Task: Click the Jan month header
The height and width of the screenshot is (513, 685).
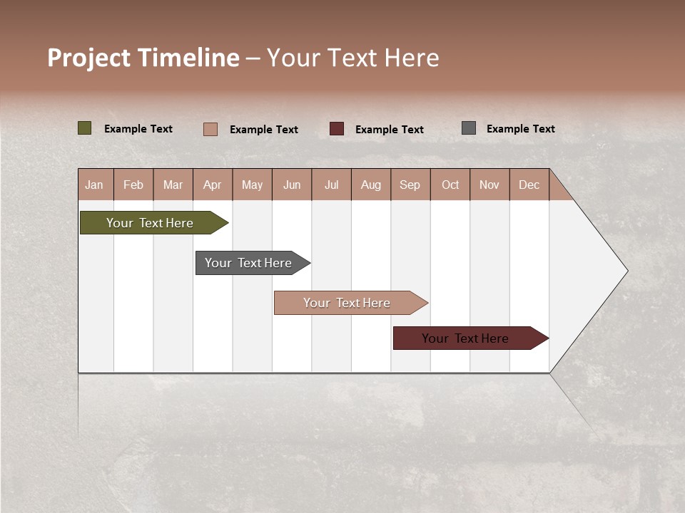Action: pyautogui.click(x=95, y=185)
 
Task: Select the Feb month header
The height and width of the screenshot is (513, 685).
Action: pyautogui.click(x=133, y=185)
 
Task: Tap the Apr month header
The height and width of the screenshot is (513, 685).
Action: pyautogui.click(x=213, y=185)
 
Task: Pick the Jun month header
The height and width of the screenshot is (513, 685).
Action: pyautogui.click(x=292, y=185)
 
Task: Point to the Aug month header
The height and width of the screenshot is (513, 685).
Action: pyautogui.click(x=371, y=185)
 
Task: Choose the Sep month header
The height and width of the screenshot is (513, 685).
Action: pyautogui.click(x=410, y=185)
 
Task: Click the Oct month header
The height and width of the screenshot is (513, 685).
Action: pyautogui.click(x=450, y=185)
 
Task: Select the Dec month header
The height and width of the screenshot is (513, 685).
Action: pyautogui.click(x=529, y=185)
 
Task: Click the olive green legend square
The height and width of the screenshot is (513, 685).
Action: pyautogui.click(x=85, y=128)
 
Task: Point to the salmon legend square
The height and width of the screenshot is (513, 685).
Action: pyautogui.click(x=210, y=129)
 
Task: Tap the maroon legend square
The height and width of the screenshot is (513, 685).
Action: pyautogui.click(x=337, y=129)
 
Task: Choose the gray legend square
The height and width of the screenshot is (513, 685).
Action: pyautogui.click(x=469, y=128)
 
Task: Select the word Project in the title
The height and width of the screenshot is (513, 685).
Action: pyautogui.click(x=88, y=58)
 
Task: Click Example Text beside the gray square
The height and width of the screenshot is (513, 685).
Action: pyautogui.click(x=520, y=129)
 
